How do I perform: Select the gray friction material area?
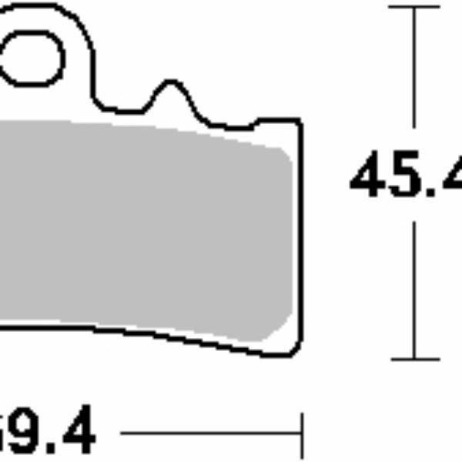(139, 223)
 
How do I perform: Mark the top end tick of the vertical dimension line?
(415, 7)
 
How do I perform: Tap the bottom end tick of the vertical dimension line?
(415, 359)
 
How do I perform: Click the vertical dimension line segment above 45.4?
(415, 69)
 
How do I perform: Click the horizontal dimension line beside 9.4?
(208, 434)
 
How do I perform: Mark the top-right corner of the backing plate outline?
(298, 122)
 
